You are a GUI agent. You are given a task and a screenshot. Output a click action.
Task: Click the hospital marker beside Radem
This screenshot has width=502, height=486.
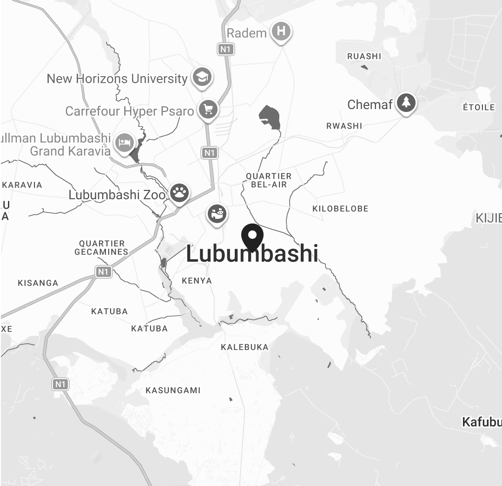tap(281, 32)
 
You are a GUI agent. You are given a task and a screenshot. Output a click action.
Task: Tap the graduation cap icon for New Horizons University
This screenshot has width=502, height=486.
tap(202, 78)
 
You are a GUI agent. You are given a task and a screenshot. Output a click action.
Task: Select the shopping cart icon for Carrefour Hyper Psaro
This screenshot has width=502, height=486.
tap(208, 110)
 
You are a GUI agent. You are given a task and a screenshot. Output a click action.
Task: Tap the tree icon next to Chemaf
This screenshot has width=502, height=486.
tap(406, 103)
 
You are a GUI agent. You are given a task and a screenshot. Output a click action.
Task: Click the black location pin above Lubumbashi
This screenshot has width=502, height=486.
tap(252, 236)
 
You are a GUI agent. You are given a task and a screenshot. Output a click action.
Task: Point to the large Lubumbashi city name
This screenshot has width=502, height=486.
tap(252, 254)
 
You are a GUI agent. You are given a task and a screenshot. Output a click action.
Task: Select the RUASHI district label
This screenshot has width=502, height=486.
tap(364, 56)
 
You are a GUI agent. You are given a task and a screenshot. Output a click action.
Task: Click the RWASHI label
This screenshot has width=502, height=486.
tap(344, 126)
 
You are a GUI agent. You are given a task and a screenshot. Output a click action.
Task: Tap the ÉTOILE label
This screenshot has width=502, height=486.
tap(479, 107)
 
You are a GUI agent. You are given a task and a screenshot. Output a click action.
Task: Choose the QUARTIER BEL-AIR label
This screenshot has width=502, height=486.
tap(269, 180)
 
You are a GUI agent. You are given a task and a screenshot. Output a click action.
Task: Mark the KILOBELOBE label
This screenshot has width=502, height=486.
tap(340, 209)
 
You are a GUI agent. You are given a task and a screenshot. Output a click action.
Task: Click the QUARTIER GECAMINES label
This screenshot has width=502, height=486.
tap(102, 248)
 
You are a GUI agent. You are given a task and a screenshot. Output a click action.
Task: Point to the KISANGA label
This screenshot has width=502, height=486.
tap(38, 283)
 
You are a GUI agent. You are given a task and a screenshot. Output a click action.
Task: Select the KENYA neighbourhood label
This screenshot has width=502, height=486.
tap(197, 281)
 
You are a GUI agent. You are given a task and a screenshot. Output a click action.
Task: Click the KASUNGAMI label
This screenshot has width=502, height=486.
tap(173, 390)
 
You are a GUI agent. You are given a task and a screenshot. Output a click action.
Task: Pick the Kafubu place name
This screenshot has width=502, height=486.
tap(482, 422)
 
